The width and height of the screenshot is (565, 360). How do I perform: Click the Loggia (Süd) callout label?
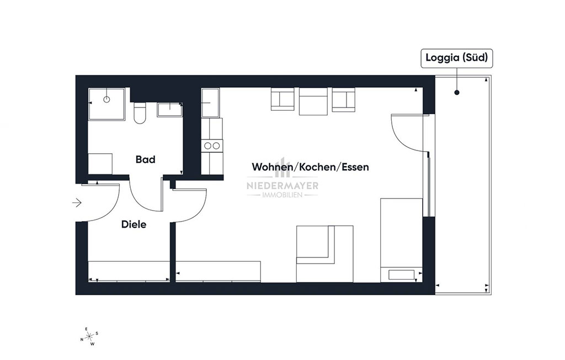click(x=456, y=58)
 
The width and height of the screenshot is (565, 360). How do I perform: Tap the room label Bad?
click(x=145, y=159)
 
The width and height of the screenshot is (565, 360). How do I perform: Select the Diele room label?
click(x=134, y=224)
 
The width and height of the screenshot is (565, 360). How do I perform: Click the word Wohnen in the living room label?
click(x=272, y=167)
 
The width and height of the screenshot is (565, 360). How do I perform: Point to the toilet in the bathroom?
click(x=139, y=113)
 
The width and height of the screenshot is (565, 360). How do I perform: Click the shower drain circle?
click(x=106, y=99)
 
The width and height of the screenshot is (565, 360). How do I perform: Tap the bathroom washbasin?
click(x=169, y=110)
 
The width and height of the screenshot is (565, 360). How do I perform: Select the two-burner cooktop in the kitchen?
click(x=212, y=146)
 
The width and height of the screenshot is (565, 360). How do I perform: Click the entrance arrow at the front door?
click(x=77, y=203)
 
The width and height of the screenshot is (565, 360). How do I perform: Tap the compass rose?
click(x=89, y=336)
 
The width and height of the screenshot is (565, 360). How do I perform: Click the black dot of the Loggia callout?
click(x=457, y=93)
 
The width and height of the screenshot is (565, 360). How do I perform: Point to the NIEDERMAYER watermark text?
click(x=282, y=186)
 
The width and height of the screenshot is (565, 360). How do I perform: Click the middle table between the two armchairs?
click(x=313, y=101)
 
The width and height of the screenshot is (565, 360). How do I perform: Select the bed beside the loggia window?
click(x=402, y=240)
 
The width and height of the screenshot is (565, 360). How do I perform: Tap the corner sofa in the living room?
click(x=324, y=254)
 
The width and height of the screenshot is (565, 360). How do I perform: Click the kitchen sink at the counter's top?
click(x=210, y=103)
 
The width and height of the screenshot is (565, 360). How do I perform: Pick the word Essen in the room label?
click(x=355, y=167)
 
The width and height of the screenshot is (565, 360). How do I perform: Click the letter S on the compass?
click(x=97, y=334)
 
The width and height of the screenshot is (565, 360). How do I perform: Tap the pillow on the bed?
click(x=402, y=275)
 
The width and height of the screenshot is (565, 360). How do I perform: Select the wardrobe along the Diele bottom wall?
click(x=129, y=272)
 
